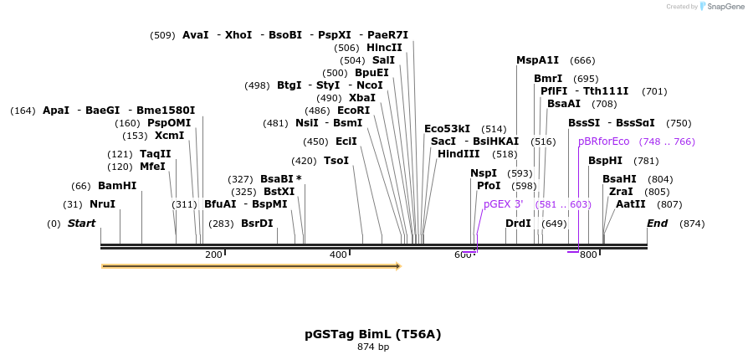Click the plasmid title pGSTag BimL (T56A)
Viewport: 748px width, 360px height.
tap(373, 334)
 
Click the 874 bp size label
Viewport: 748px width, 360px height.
tap(373, 347)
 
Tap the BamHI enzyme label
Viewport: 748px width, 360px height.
tap(117, 185)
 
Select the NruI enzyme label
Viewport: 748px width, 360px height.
tap(102, 204)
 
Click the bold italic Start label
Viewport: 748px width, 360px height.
tap(81, 224)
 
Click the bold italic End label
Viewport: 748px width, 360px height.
tap(657, 224)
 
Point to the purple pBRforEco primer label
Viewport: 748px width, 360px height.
tap(603, 141)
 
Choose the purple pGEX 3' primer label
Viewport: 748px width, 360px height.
tap(503, 204)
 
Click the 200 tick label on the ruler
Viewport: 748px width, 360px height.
tap(213, 255)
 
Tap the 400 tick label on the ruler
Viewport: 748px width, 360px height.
tap(338, 255)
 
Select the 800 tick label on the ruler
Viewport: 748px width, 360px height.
tap(587, 255)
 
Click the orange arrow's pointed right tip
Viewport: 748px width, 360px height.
tap(400, 266)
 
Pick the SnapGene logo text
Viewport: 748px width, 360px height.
tap(724, 7)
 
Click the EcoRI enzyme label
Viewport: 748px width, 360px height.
tap(353, 111)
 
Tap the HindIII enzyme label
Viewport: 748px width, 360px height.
tap(459, 154)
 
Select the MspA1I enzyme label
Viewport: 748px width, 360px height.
tap(537, 60)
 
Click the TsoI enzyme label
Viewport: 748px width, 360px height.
tap(336, 161)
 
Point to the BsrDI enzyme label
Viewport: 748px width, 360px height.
tap(257, 224)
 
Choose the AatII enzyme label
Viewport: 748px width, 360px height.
tap(631, 203)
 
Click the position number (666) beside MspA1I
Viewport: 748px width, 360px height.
tap(582, 60)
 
